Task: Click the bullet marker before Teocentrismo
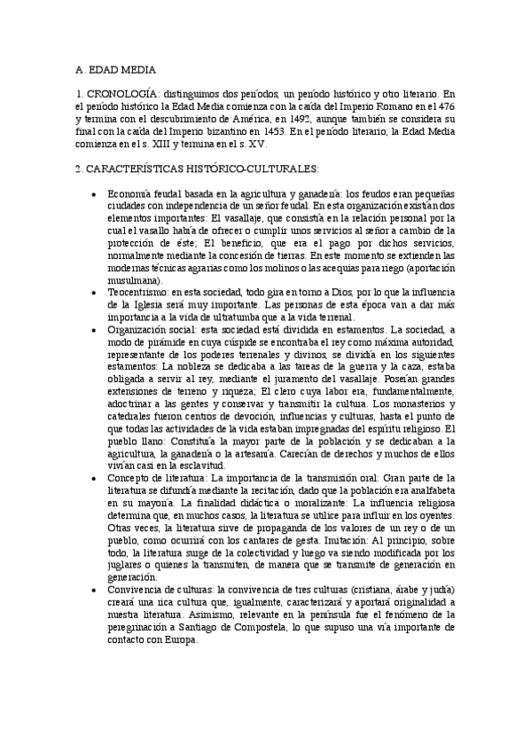tap(95, 292)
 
